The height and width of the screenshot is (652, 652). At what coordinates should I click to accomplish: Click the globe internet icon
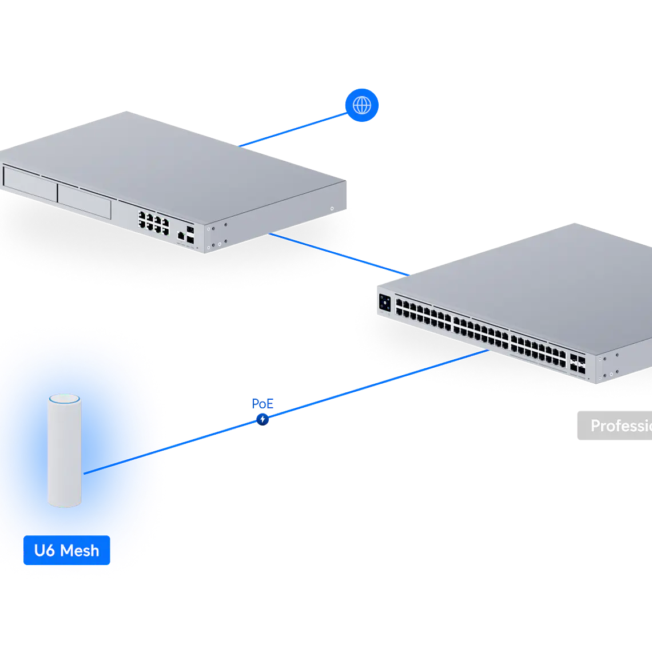(x=361, y=105)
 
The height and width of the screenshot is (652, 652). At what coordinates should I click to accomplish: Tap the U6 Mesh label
(x=66, y=550)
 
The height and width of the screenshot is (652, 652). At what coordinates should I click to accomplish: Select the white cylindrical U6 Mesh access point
(x=65, y=452)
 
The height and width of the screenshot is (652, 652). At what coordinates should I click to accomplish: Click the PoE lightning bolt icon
(x=263, y=419)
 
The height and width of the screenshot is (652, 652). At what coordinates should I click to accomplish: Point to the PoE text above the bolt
(x=263, y=404)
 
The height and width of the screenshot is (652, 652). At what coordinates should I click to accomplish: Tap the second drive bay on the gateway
(x=84, y=201)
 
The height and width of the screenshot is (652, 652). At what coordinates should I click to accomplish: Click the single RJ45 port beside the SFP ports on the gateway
(x=181, y=234)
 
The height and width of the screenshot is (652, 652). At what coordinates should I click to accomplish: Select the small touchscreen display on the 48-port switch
(x=385, y=303)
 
